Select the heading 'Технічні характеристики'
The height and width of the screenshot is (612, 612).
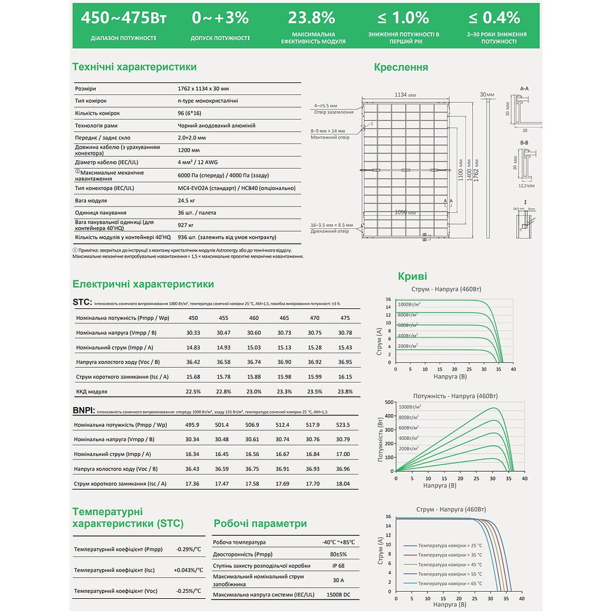point(134,67)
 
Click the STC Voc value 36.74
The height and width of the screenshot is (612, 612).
point(254,362)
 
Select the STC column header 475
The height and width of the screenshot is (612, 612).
point(344,318)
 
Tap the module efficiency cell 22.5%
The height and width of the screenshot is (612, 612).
point(193,391)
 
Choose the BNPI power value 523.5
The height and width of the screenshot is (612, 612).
point(343,425)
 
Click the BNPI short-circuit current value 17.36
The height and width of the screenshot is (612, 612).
point(192,484)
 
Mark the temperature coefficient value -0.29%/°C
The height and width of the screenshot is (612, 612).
point(188,549)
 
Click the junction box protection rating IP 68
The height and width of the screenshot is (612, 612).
point(338,565)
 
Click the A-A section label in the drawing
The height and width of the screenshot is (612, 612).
point(524,88)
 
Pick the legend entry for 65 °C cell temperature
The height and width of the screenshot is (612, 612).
point(449,583)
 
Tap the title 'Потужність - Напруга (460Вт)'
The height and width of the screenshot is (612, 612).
point(455,396)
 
